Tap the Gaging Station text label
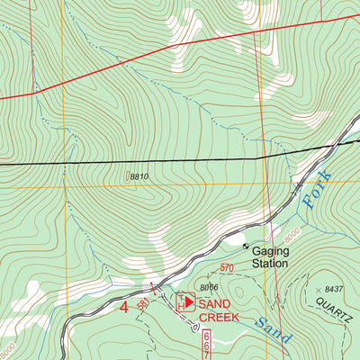270,257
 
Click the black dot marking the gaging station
245,244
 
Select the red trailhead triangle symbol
190,301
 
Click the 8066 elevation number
210,287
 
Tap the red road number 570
226,268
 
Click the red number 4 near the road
124,308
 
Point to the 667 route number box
206,343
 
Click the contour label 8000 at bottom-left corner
7,345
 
